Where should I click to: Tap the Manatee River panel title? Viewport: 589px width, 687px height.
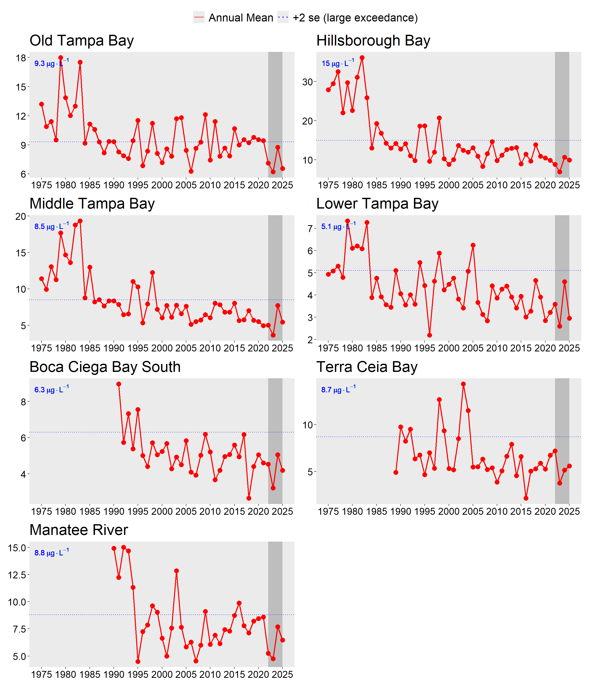tap(78, 530)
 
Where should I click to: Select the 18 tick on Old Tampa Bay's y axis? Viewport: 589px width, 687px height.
tap(20, 58)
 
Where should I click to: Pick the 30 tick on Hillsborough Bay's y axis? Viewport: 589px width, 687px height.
tap(308, 82)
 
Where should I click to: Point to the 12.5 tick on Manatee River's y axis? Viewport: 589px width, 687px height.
tap(17, 575)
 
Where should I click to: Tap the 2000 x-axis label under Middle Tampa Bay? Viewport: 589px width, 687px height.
tap(162, 348)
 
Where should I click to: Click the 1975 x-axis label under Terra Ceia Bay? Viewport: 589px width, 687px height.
tap(328, 511)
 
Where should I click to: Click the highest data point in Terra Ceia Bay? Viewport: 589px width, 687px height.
tap(463, 384)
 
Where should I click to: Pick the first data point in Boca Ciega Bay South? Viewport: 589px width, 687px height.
tap(119, 384)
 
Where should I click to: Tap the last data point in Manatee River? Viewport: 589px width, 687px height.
tap(282, 640)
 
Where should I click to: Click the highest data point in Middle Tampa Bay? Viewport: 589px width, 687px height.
tap(80, 221)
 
